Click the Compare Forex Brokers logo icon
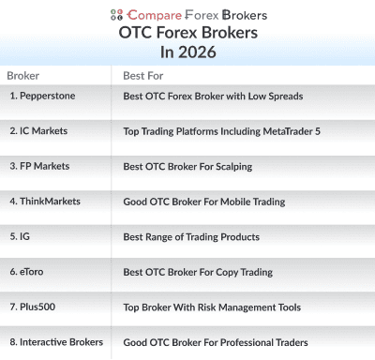[x=116, y=14]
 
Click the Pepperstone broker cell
[x=43, y=96]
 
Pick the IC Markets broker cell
[x=39, y=130]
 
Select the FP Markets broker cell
[x=39, y=166]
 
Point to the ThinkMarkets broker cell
[x=45, y=201]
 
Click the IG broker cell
[x=20, y=236]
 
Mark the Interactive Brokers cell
[x=55, y=342]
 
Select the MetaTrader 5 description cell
[x=221, y=131]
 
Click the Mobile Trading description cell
[x=204, y=202]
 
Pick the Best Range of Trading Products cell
[x=191, y=236]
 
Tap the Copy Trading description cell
[x=198, y=272]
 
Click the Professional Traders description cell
[x=216, y=342]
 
